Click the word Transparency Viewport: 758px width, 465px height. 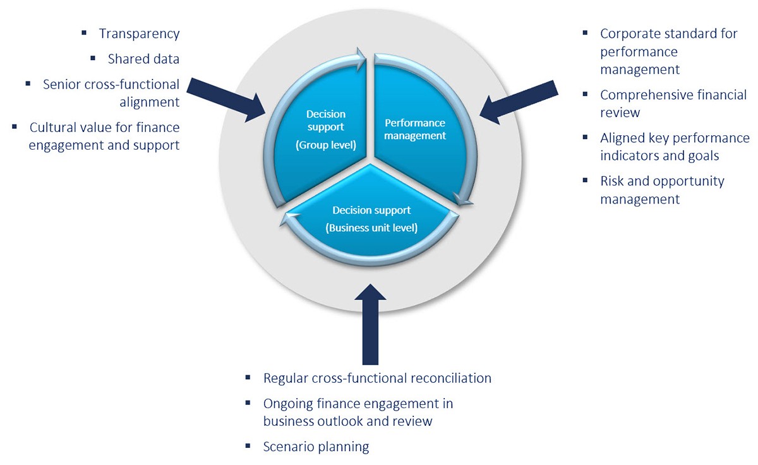pyautogui.click(x=139, y=34)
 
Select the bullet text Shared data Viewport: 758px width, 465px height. pyautogui.click(x=143, y=59)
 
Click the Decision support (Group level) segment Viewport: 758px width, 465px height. pyautogui.click(x=326, y=126)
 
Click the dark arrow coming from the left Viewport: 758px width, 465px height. pyautogui.click(x=227, y=98)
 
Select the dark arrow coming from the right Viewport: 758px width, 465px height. pyautogui.click(x=518, y=101)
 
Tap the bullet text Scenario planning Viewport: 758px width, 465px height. pyautogui.click(x=316, y=447)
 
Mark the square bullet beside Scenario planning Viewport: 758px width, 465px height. pyautogui.click(x=248, y=445)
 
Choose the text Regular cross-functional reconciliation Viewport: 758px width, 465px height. pyautogui.click(x=377, y=378)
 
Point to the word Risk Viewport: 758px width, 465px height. pyautogui.click(x=613, y=181)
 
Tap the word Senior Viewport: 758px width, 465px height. pyautogui.click(x=63, y=84)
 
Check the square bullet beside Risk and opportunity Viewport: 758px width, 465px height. pyautogui.click(x=586, y=180)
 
